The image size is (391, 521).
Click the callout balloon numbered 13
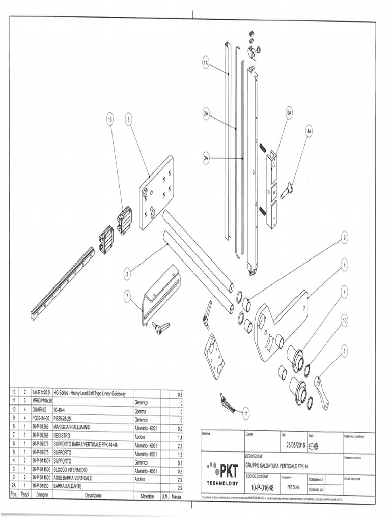coord(110,119)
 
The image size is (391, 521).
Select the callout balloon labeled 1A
coord(206,63)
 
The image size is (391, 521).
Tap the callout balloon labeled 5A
coord(289,113)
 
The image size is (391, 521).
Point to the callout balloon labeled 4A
coord(309,131)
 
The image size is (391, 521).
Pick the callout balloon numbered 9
coord(344,237)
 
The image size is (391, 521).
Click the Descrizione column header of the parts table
coord(93,495)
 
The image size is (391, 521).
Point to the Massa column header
coord(177,495)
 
